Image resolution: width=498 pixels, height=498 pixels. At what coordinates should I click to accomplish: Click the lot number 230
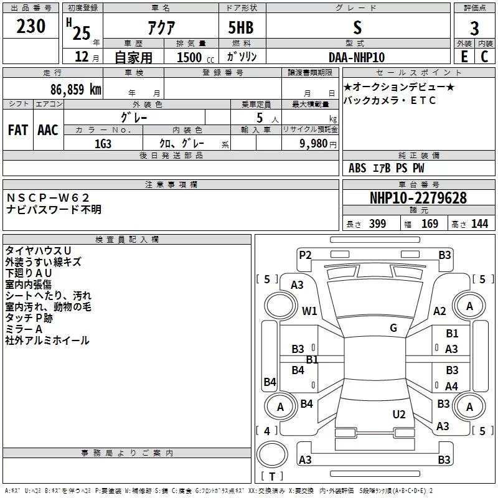click(31, 26)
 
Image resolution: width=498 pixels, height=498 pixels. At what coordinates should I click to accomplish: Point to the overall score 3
click(474, 28)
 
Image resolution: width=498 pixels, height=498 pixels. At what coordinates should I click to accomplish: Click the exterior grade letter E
click(464, 57)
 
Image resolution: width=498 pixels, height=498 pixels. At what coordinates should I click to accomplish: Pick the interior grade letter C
click(484, 57)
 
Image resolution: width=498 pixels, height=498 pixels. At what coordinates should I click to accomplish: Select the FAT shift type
click(18, 129)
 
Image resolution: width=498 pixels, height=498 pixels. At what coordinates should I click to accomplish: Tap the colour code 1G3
click(103, 143)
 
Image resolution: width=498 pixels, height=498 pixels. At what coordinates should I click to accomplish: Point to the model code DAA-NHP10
click(357, 57)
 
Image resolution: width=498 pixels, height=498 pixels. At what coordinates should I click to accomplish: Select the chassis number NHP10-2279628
click(418, 198)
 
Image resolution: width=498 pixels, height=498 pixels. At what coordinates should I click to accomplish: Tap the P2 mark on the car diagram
click(305, 254)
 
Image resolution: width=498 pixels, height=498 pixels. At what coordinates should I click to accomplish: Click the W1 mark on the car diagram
click(309, 311)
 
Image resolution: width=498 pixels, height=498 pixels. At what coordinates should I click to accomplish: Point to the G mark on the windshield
click(393, 328)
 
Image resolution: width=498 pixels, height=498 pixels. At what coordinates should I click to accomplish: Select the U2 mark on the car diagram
click(399, 414)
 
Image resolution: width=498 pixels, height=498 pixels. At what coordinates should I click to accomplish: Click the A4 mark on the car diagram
click(451, 386)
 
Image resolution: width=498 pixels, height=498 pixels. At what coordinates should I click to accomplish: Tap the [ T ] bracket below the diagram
click(272, 477)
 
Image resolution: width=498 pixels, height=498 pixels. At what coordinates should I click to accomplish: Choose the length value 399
click(377, 223)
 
